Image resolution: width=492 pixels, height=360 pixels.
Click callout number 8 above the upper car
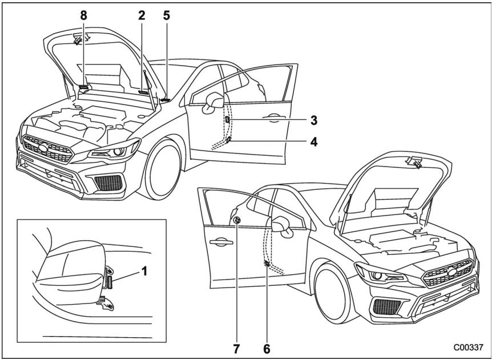(84, 16)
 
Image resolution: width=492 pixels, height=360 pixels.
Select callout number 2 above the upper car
(142, 16)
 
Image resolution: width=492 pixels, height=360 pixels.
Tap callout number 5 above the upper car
(167, 16)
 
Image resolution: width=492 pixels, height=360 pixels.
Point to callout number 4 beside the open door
(314, 140)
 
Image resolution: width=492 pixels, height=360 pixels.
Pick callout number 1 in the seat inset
(144, 273)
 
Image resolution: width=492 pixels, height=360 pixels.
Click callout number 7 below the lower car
(236, 346)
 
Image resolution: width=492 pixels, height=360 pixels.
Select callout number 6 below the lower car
(267, 346)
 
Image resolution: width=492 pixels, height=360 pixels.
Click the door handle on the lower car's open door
(219, 242)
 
